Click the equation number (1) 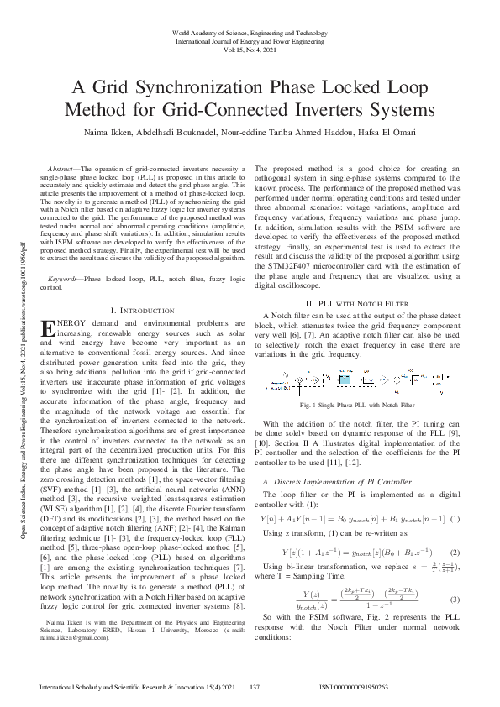(x=454, y=520)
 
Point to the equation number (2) (x=454, y=552)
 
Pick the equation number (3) (x=454, y=600)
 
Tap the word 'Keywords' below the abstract (x=66, y=276)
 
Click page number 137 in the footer (x=252, y=687)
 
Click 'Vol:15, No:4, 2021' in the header (x=250, y=50)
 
